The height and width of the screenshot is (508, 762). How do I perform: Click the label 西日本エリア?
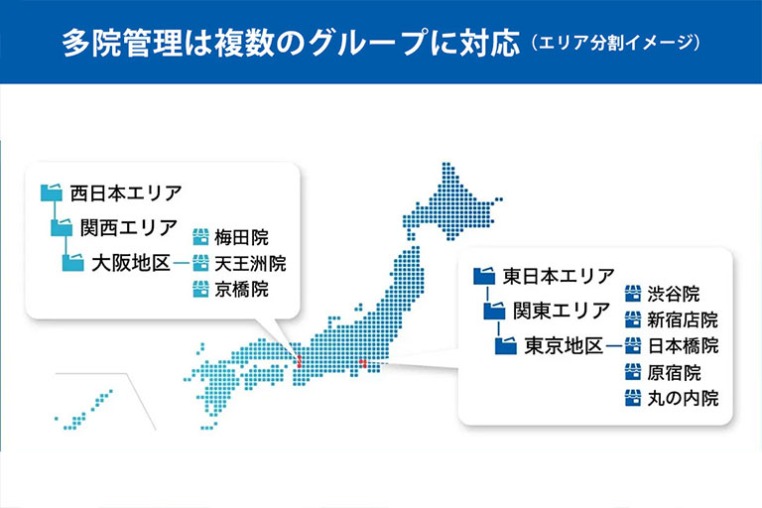pyautogui.click(x=126, y=193)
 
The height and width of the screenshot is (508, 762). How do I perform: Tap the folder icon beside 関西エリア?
pyautogui.click(x=63, y=227)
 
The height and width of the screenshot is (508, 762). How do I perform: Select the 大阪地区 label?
pyautogui.click(x=131, y=264)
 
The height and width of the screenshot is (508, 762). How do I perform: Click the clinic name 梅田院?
pyautogui.click(x=241, y=238)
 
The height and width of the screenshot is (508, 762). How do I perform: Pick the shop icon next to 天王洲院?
pyautogui.click(x=200, y=263)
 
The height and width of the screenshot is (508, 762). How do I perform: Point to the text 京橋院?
pyautogui.click(x=241, y=290)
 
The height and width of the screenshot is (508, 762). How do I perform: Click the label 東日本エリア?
pyautogui.click(x=559, y=276)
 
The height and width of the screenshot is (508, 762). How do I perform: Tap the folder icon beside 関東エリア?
pyautogui.click(x=495, y=311)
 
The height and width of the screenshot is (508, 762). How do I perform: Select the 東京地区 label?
pyautogui.click(x=564, y=346)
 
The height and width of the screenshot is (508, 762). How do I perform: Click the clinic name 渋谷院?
pyautogui.click(x=674, y=294)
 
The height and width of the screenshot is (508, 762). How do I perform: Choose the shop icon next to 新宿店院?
pyautogui.click(x=633, y=319)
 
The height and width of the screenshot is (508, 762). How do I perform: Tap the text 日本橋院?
pyautogui.click(x=683, y=346)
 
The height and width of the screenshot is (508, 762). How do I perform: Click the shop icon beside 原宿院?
pyautogui.click(x=633, y=372)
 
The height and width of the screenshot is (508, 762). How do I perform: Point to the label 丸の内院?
pyautogui.click(x=683, y=399)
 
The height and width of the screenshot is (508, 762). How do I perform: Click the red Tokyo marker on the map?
pyautogui.click(x=362, y=363)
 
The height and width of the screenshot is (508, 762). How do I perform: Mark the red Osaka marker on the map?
pyautogui.click(x=299, y=361)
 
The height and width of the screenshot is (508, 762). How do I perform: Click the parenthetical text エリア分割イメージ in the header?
pyautogui.click(x=615, y=43)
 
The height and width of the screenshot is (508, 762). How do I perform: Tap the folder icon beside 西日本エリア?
pyautogui.click(x=52, y=192)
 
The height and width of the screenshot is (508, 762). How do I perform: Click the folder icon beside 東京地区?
pyautogui.click(x=506, y=345)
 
